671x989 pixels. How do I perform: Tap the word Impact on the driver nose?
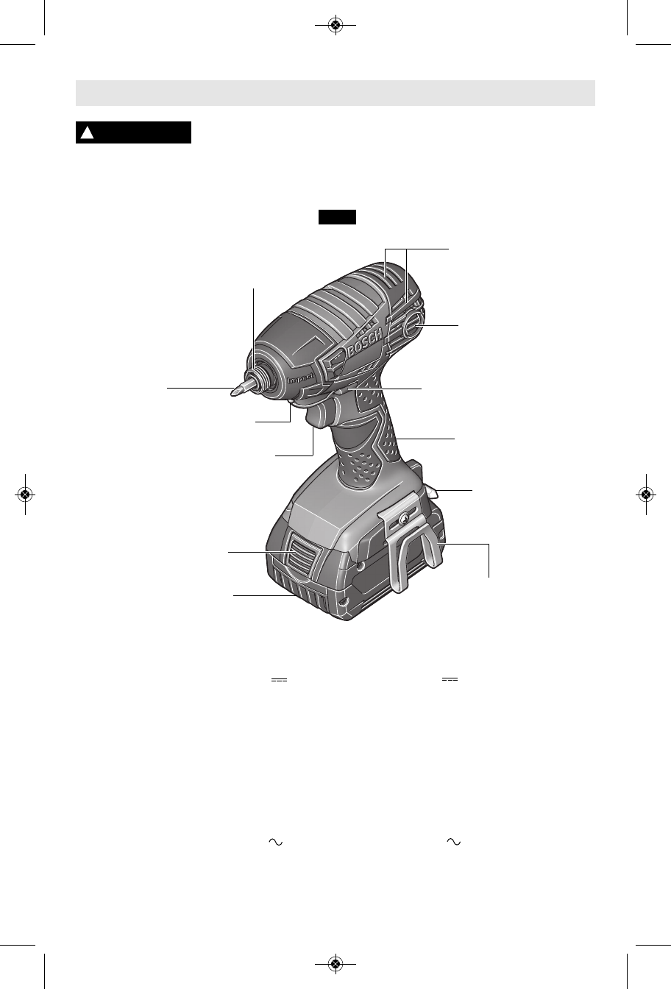tap(301, 379)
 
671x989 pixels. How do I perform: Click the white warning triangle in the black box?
tap(88, 132)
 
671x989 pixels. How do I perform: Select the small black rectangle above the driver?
tap(337, 217)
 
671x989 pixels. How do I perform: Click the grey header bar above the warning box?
tap(335, 93)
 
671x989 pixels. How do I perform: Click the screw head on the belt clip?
tap(402, 520)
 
